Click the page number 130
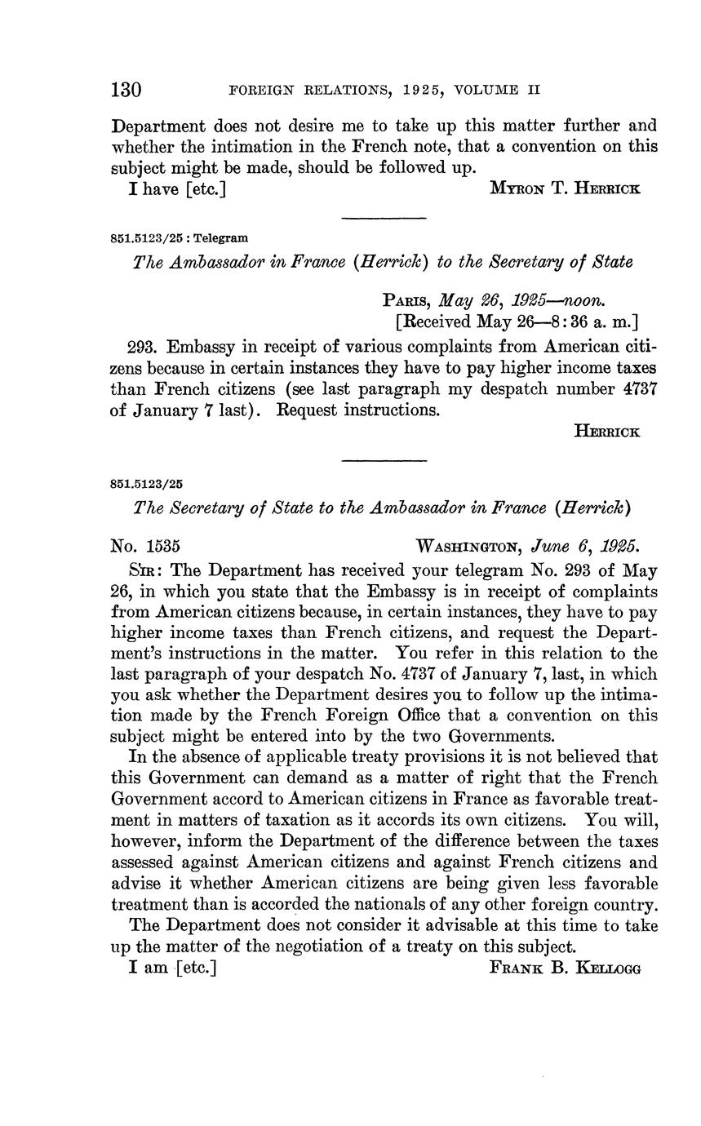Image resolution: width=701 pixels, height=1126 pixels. [x=126, y=90]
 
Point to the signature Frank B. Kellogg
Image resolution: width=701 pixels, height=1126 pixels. [x=565, y=968]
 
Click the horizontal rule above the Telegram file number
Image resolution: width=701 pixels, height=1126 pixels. [x=384, y=218]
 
